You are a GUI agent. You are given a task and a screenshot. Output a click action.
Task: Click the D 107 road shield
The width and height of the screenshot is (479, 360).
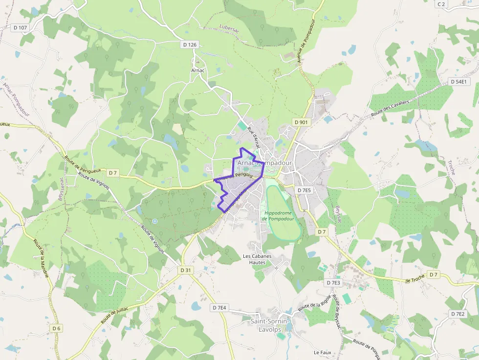click(20, 28)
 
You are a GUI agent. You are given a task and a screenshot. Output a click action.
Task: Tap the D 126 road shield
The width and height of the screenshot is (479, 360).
click(190, 44)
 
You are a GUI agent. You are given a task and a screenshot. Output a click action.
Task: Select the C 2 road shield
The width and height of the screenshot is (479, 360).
click(441, 4)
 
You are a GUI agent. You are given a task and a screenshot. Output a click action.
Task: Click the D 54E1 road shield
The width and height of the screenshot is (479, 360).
click(458, 82)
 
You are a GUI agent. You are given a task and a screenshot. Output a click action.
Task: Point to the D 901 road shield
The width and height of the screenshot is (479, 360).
click(301, 121)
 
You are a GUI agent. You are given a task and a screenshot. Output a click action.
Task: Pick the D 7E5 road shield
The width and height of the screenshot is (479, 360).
click(304, 190)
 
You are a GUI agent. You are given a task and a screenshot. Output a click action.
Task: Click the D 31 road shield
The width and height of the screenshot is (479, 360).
click(185, 270)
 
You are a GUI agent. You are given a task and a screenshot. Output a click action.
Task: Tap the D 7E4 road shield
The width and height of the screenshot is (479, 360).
click(220, 308)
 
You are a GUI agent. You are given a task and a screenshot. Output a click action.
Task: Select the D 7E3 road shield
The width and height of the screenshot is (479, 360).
click(333, 282)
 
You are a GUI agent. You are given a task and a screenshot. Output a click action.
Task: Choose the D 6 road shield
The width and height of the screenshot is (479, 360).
click(57, 328)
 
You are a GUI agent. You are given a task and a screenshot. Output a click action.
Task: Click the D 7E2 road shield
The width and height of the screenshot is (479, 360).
click(458, 314)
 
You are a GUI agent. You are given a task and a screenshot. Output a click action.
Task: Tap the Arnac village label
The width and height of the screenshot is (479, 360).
click(198, 70)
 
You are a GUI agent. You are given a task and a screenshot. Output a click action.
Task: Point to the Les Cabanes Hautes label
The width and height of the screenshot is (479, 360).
click(257, 259)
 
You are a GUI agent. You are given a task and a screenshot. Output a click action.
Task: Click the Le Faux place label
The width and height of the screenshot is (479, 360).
click(323, 352)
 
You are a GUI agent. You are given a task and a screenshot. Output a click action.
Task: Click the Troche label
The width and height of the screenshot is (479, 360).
click(451, 167)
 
